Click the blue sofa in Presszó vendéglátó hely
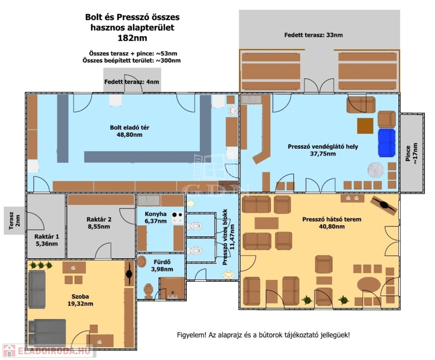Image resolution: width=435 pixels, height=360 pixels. pyautogui.click(x=387, y=143)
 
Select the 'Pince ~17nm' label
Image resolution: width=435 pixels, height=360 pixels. pyautogui.click(x=411, y=153)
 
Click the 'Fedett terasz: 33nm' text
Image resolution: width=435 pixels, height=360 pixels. pyautogui.click(x=313, y=35)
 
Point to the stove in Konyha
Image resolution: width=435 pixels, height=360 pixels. pyautogui.click(x=177, y=218)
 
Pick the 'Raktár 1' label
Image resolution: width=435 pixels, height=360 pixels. pyautogui.click(x=47, y=237)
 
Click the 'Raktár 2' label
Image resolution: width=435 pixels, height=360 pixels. pyautogui.click(x=99, y=219)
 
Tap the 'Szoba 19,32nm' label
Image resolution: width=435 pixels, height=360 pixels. pyautogui.click(x=80, y=300)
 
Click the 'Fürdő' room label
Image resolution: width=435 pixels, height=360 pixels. pyautogui.click(x=162, y=262)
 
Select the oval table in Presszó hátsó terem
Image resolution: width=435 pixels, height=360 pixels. pyautogui.click(x=369, y=285)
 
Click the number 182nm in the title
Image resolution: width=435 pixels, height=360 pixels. pyautogui.click(x=133, y=38)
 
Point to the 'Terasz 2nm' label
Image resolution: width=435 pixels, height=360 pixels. pyautogui.click(x=15, y=221)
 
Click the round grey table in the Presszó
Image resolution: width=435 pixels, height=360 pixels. pyautogui.click(x=376, y=170)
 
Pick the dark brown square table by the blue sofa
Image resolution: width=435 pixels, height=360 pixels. pyautogui.click(x=365, y=126)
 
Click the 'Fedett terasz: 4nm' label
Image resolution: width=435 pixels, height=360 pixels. pyautogui.click(x=132, y=82)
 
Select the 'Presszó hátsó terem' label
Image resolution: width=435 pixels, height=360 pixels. pyautogui.click(x=332, y=219)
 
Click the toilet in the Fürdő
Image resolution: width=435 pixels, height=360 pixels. pyautogui.click(x=149, y=291)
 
